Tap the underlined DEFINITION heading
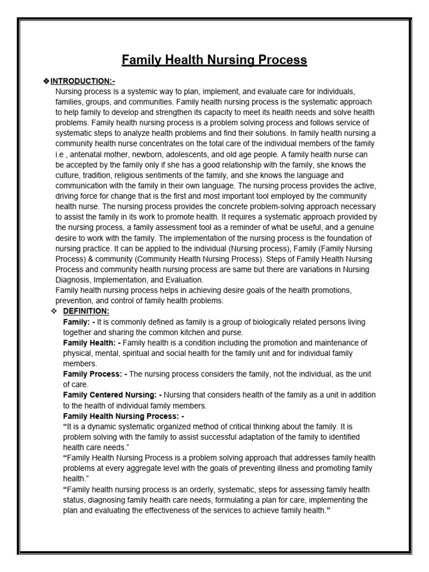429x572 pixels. coord(86,311)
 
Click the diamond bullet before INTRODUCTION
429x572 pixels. coord(47,82)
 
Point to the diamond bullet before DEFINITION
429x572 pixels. coord(54,311)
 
